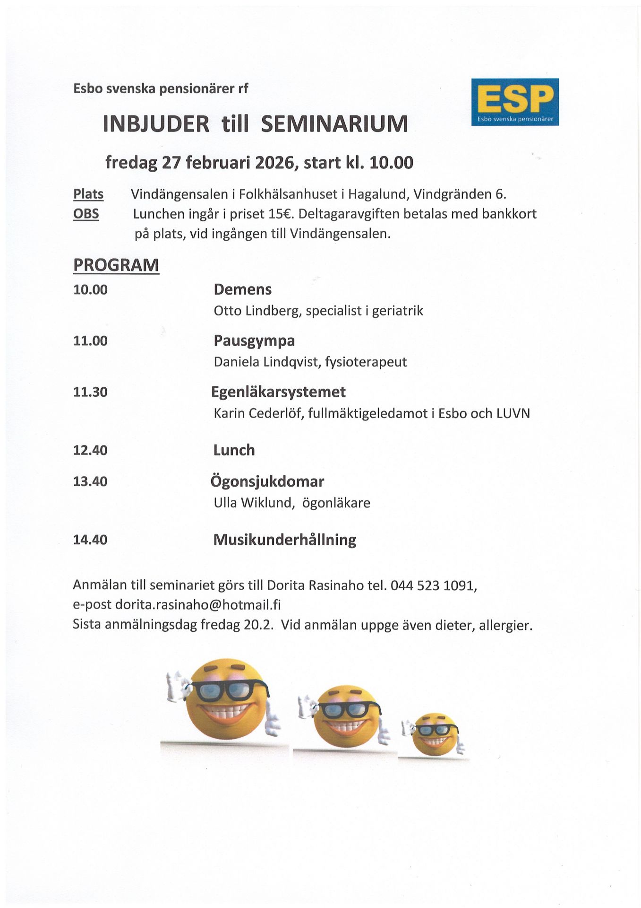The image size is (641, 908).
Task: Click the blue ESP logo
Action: tap(515, 102)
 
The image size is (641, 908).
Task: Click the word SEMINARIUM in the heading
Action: tap(334, 124)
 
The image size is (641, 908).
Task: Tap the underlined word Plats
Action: tap(88, 194)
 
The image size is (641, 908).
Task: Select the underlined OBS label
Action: tap(86, 214)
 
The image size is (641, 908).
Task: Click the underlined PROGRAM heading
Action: tap(116, 265)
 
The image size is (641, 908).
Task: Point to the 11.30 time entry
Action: tap(90, 392)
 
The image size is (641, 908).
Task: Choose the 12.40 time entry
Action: tap(90, 450)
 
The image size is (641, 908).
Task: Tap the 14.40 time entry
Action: tap(90, 540)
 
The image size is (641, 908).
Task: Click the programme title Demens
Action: tap(242, 289)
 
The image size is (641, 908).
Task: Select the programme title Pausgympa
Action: tap(254, 340)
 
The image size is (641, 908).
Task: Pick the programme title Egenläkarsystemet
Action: tap(278, 392)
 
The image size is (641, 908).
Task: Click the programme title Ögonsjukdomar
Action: tap(267, 481)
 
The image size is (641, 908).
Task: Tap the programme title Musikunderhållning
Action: tap(284, 540)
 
